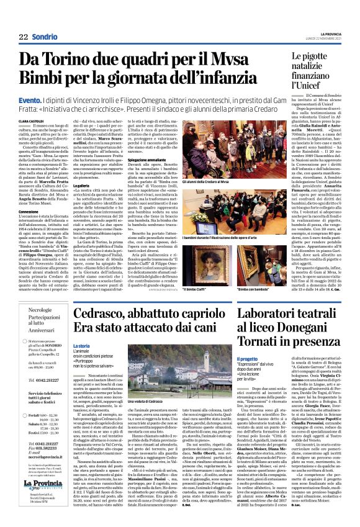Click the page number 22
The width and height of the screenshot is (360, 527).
pyautogui.click(x=24, y=36)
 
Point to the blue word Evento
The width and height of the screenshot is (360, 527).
pyautogui.click(x=30, y=99)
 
